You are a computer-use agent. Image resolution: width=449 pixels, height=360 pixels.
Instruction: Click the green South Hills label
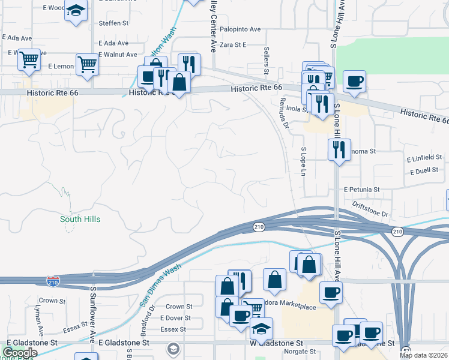click(x=80, y=219)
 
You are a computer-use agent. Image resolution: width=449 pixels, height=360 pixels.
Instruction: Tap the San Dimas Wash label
click(x=160, y=287)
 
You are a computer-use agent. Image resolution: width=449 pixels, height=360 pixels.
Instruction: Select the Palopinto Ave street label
click(x=240, y=29)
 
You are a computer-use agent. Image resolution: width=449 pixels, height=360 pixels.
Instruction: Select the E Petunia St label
click(x=362, y=189)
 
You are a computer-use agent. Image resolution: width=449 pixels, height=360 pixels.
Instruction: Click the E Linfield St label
click(x=424, y=158)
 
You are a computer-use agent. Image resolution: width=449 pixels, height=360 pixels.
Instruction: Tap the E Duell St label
click(x=426, y=172)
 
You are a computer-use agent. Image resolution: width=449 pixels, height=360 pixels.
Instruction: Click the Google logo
click(x=20, y=353)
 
